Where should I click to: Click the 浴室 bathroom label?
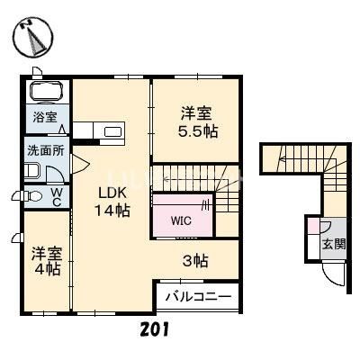pos(44,118)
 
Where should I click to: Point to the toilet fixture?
pos(31,195)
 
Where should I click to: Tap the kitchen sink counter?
pos(112,133)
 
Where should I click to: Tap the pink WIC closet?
pos(183,218)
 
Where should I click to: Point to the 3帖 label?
pos(196,262)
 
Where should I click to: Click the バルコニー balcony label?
pos(200,296)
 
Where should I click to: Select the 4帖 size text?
pos(47,268)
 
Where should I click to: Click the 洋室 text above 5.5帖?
pos(198,112)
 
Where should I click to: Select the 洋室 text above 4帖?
pos(47,251)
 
